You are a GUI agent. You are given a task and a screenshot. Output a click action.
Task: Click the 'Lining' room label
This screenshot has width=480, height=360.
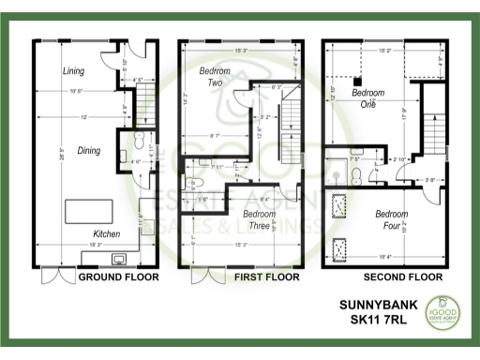73,71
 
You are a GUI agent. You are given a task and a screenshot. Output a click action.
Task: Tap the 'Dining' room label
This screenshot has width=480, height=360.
89,150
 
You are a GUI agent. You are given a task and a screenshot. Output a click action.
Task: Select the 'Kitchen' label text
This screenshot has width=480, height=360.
106,233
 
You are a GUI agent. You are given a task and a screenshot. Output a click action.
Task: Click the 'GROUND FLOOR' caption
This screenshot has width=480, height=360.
118,277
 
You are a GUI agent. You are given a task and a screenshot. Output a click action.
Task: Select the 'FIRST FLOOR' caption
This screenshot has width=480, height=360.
268,277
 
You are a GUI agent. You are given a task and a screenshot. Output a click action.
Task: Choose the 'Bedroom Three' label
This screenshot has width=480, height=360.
259,219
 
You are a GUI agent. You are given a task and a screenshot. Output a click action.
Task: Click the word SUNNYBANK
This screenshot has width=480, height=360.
367,307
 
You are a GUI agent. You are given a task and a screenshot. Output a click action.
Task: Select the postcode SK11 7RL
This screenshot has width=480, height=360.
367,323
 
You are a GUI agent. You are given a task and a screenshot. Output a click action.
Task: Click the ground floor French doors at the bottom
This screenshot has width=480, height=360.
56,277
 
